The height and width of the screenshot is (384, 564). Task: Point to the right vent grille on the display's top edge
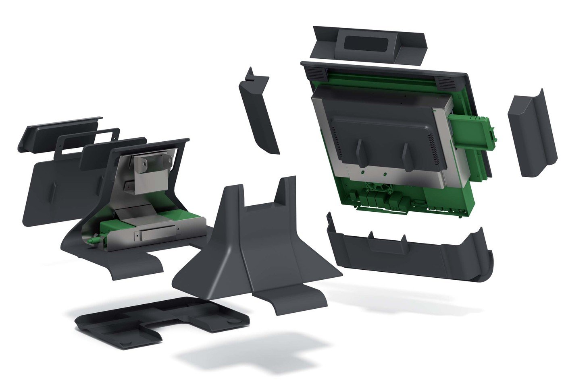[446, 84]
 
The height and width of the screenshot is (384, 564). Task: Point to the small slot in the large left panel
[53, 189]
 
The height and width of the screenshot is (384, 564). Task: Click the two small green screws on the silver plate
[375, 174]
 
